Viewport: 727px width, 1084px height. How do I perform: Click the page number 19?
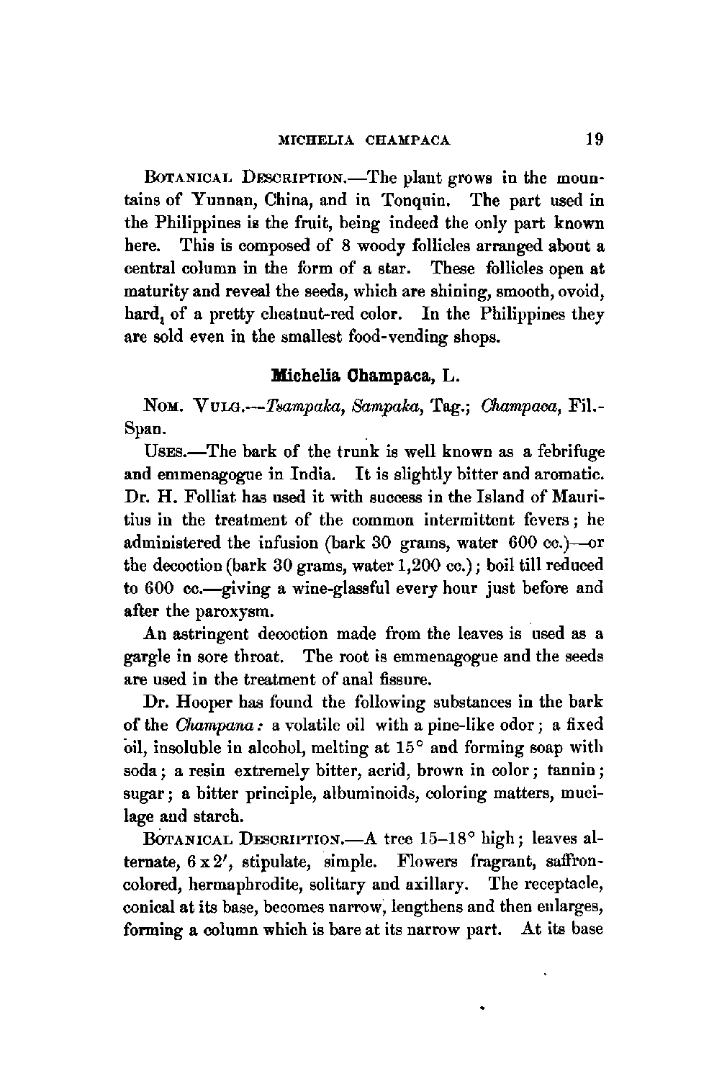594,138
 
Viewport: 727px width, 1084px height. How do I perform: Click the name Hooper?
209,702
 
